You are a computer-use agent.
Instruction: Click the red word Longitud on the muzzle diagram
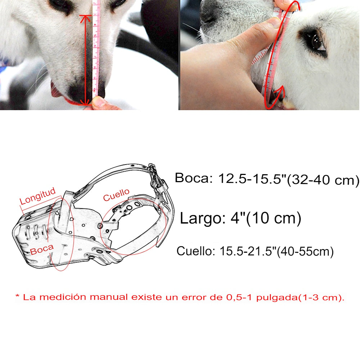[x=38, y=196]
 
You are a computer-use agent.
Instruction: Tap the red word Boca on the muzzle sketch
[x=42, y=249]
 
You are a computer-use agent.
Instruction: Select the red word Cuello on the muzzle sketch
[x=116, y=195]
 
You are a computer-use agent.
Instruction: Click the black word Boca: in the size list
[x=194, y=178]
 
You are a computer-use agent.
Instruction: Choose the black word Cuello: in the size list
[x=195, y=251]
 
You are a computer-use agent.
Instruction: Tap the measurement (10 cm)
[x=273, y=218]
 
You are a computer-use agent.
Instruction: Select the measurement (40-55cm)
[x=305, y=252]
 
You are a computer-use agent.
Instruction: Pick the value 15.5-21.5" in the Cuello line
[x=248, y=251]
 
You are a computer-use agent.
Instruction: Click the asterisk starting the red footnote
[x=17, y=296]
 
